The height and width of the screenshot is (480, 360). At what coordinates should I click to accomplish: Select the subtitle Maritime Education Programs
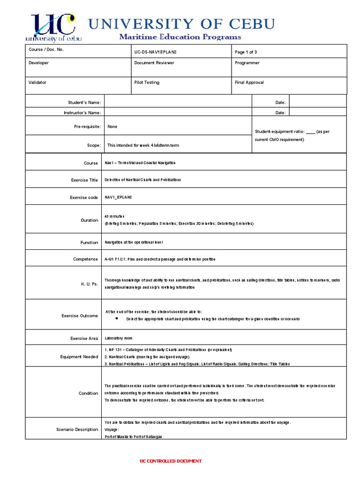click(180, 37)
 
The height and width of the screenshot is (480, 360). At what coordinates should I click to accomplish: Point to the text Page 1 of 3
click(246, 51)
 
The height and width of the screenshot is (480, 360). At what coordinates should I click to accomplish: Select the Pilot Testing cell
click(147, 82)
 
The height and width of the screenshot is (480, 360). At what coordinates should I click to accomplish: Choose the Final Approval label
click(249, 82)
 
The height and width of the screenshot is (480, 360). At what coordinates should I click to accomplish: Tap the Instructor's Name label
click(82, 112)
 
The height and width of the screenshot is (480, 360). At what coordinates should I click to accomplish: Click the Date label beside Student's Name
click(280, 102)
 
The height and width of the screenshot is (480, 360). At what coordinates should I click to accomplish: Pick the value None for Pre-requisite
click(112, 127)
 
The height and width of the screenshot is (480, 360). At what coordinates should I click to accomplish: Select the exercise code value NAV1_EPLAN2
click(119, 197)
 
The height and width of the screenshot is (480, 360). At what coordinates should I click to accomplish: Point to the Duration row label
click(90, 220)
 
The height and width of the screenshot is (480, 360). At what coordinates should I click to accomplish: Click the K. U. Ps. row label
click(89, 284)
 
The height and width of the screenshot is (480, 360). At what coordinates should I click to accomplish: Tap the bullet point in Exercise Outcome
click(117, 318)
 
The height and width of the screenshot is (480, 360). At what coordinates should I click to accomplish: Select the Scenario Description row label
click(77, 429)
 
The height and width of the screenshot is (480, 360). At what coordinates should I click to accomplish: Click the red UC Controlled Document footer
click(171, 461)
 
